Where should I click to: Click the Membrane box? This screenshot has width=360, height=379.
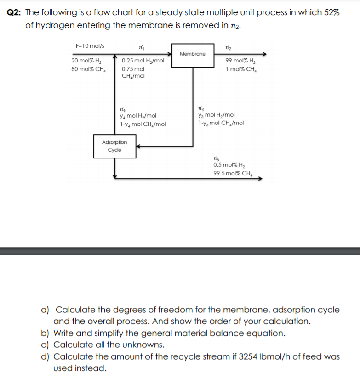click(x=193, y=54)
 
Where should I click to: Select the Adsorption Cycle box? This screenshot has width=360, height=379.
click(x=114, y=146)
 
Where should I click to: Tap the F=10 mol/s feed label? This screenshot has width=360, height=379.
click(x=90, y=45)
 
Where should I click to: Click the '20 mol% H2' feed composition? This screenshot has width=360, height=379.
click(x=87, y=61)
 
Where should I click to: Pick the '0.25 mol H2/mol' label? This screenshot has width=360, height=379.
click(x=143, y=61)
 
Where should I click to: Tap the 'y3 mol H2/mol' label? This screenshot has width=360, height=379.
click(x=216, y=115)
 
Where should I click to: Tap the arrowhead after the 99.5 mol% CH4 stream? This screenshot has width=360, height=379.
click(x=258, y=180)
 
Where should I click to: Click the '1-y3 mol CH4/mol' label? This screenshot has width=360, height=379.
click(x=221, y=123)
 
